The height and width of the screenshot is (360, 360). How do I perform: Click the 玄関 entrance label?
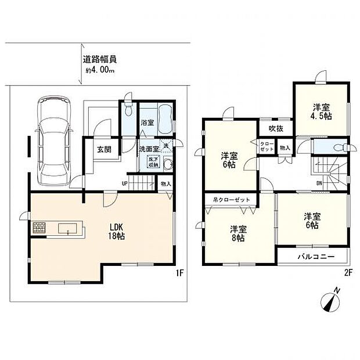(x=105, y=149)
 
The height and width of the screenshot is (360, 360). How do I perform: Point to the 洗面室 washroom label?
(x=149, y=149)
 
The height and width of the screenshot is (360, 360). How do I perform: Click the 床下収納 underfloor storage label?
(x=153, y=163)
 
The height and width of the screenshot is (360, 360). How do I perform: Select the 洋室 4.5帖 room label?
(x=322, y=111)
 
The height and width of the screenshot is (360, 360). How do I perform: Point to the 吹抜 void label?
(x=268, y=128)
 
